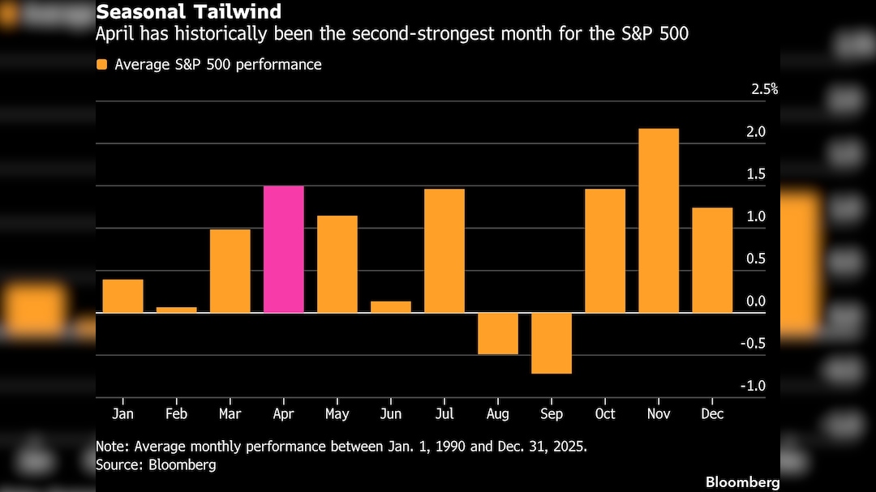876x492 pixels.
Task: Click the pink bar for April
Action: tap(284, 249)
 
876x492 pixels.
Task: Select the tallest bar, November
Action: tap(659, 220)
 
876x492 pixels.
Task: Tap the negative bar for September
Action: tap(552, 343)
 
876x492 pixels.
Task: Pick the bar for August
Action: tap(498, 333)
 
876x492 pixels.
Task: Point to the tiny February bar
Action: tap(177, 310)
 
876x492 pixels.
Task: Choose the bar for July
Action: tap(444, 250)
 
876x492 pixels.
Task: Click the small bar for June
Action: tap(391, 306)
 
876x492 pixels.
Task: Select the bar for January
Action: tap(123, 296)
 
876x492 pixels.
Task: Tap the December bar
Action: tap(712, 260)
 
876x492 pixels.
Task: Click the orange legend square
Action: tap(101, 65)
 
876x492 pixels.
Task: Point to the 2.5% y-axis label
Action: tap(764, 89)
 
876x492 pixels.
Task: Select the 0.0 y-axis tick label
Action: tap(755, 302)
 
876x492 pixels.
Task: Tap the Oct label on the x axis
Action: tap(604, 414)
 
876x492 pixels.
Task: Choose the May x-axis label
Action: tap(337, 414)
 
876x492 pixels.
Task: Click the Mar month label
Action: tap(230, 414)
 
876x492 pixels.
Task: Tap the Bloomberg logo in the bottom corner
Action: tap(742, 482)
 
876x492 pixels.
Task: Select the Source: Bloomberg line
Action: tap(156, 465)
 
